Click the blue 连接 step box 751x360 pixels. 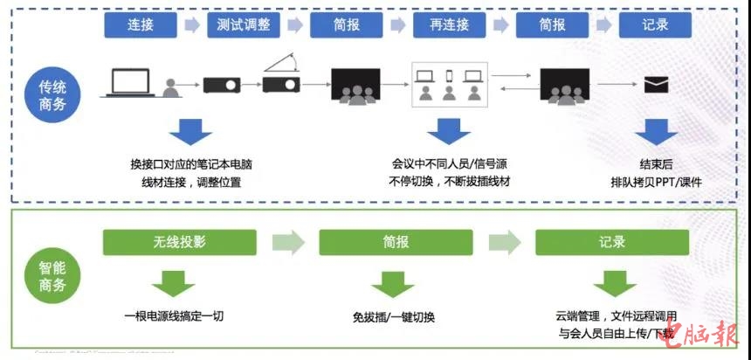140,24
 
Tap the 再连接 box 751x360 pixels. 449,24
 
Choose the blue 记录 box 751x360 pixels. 655,24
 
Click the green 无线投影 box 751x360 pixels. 180,242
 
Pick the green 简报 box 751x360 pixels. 396,242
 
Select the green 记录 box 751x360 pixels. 611,242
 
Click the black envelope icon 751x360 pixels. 656,85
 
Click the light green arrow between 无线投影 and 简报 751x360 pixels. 287,242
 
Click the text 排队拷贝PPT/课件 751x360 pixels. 656,182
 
